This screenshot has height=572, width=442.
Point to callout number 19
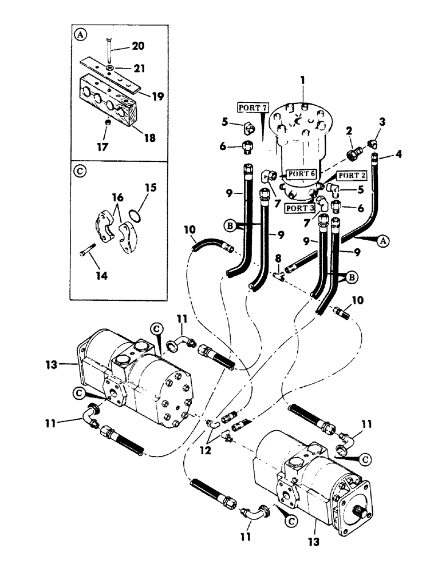tap(157, 97)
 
